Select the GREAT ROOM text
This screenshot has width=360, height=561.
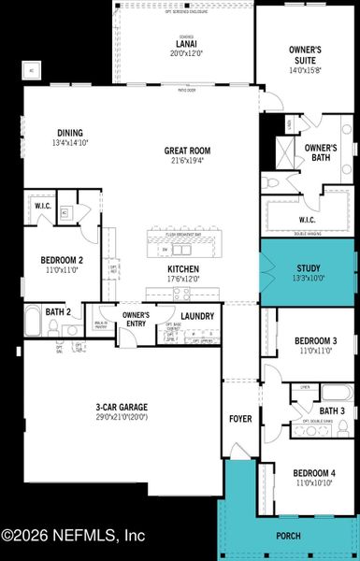187,150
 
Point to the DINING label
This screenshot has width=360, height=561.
70,133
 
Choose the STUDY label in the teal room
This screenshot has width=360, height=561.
309,267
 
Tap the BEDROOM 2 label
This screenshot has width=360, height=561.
62,234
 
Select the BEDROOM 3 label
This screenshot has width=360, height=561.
310,314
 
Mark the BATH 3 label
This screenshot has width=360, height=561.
332,411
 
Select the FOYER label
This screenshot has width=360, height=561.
241,418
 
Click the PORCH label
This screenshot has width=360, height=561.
289,537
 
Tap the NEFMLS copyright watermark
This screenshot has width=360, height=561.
73,536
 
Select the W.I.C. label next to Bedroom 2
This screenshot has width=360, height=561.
43,206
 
